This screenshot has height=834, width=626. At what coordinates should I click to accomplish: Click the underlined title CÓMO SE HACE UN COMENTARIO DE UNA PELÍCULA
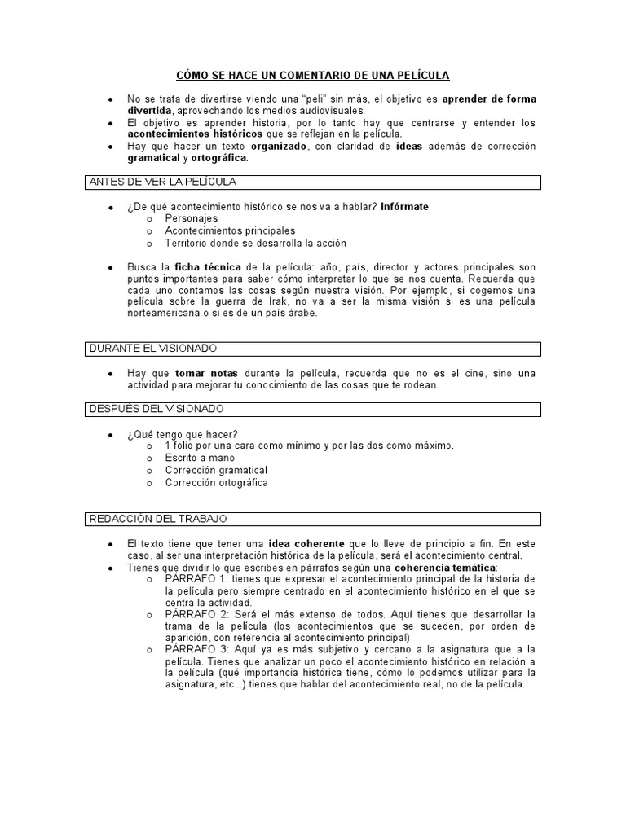point(312,75)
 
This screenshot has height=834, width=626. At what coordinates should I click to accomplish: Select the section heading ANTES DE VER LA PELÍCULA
point(161,182)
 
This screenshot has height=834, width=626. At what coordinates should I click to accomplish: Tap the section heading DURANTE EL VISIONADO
point(152,349)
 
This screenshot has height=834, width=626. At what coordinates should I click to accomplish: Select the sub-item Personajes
point(191,219)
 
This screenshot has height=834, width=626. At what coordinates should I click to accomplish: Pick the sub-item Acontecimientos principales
point(230,231)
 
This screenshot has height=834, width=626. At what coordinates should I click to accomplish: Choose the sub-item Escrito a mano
point(199,458)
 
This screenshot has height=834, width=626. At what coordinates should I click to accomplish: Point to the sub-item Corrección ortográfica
point(216,482)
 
